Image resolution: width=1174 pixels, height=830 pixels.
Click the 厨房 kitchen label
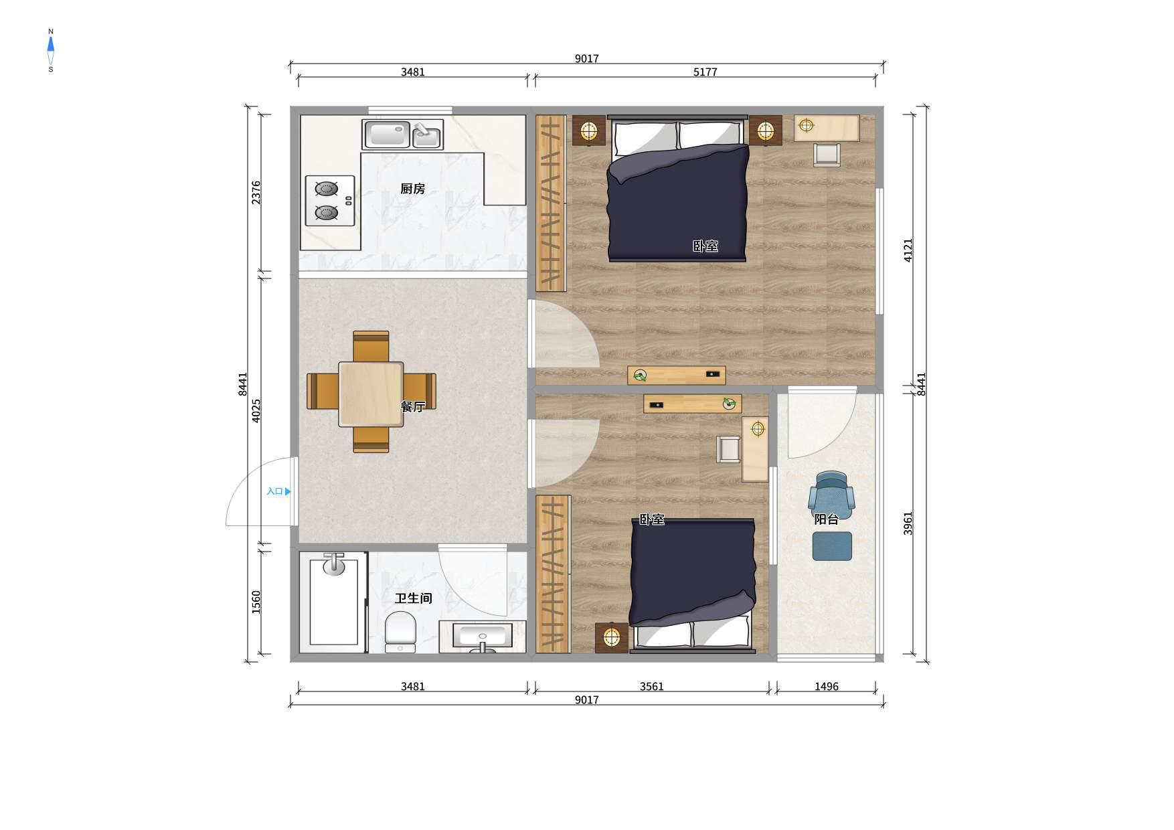pyautogui.click(x=412, y=189)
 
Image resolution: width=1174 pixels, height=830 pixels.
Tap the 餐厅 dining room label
pyautogui.click(x=412, y=406)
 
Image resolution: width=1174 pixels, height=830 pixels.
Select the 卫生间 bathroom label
pyautogui.click(x=413, y=598)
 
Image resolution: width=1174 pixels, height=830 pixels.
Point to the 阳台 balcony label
pyautogui.click(x=826, y=519)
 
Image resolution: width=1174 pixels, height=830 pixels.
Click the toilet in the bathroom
pyautogui.click(x=400, y=631)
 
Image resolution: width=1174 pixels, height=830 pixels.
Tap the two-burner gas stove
pyautogui.click(x=329, y=201)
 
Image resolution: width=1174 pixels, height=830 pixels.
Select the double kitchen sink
pyautogui.click(x=402, y=135)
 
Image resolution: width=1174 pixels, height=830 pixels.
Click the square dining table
pyautogui.click(x=371, y=394)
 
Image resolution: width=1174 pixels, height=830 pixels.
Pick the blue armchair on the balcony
pyautogui.click(x=831, y=495)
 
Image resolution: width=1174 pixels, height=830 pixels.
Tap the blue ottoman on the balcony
pyautogui.click(x=832, y=546)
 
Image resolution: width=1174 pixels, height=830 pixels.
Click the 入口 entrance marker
pyautogui.click(x=278, y=491)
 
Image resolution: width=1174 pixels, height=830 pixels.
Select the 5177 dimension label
pyautogui.click(x=705, y=72)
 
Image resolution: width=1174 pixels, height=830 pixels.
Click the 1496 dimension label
pyautogui.click(x=826, y=687)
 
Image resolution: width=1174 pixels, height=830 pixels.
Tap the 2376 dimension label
pyautogui.click(x=256, y=192)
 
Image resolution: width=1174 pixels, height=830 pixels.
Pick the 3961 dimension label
pyautogui.click(x=908, y=523)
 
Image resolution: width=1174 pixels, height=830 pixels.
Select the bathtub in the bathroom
pyautogui.click(x=333, y=602)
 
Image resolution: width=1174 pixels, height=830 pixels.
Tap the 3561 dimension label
pyautogui.click(x=651, y=687)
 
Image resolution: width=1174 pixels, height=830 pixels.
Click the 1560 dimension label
pyautogui.click(x=256, y=602)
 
